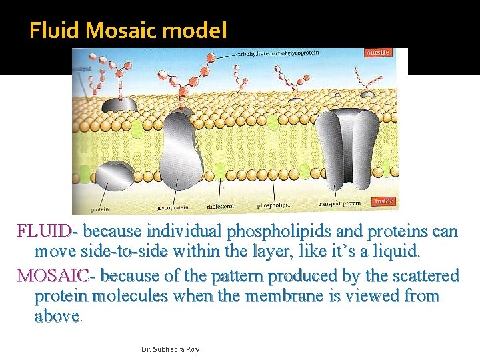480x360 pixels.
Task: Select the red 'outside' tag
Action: [377, 53]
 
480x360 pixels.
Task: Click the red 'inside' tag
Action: [383, 201]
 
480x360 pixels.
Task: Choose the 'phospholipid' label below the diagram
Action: [275, 205]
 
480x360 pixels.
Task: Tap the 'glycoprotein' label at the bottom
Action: [173, 208]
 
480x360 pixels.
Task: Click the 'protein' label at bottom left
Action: [99, 209]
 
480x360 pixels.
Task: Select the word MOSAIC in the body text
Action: [53, 275]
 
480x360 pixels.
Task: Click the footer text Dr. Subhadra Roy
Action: [171, 349]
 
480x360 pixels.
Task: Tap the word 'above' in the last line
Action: [57, 317]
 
